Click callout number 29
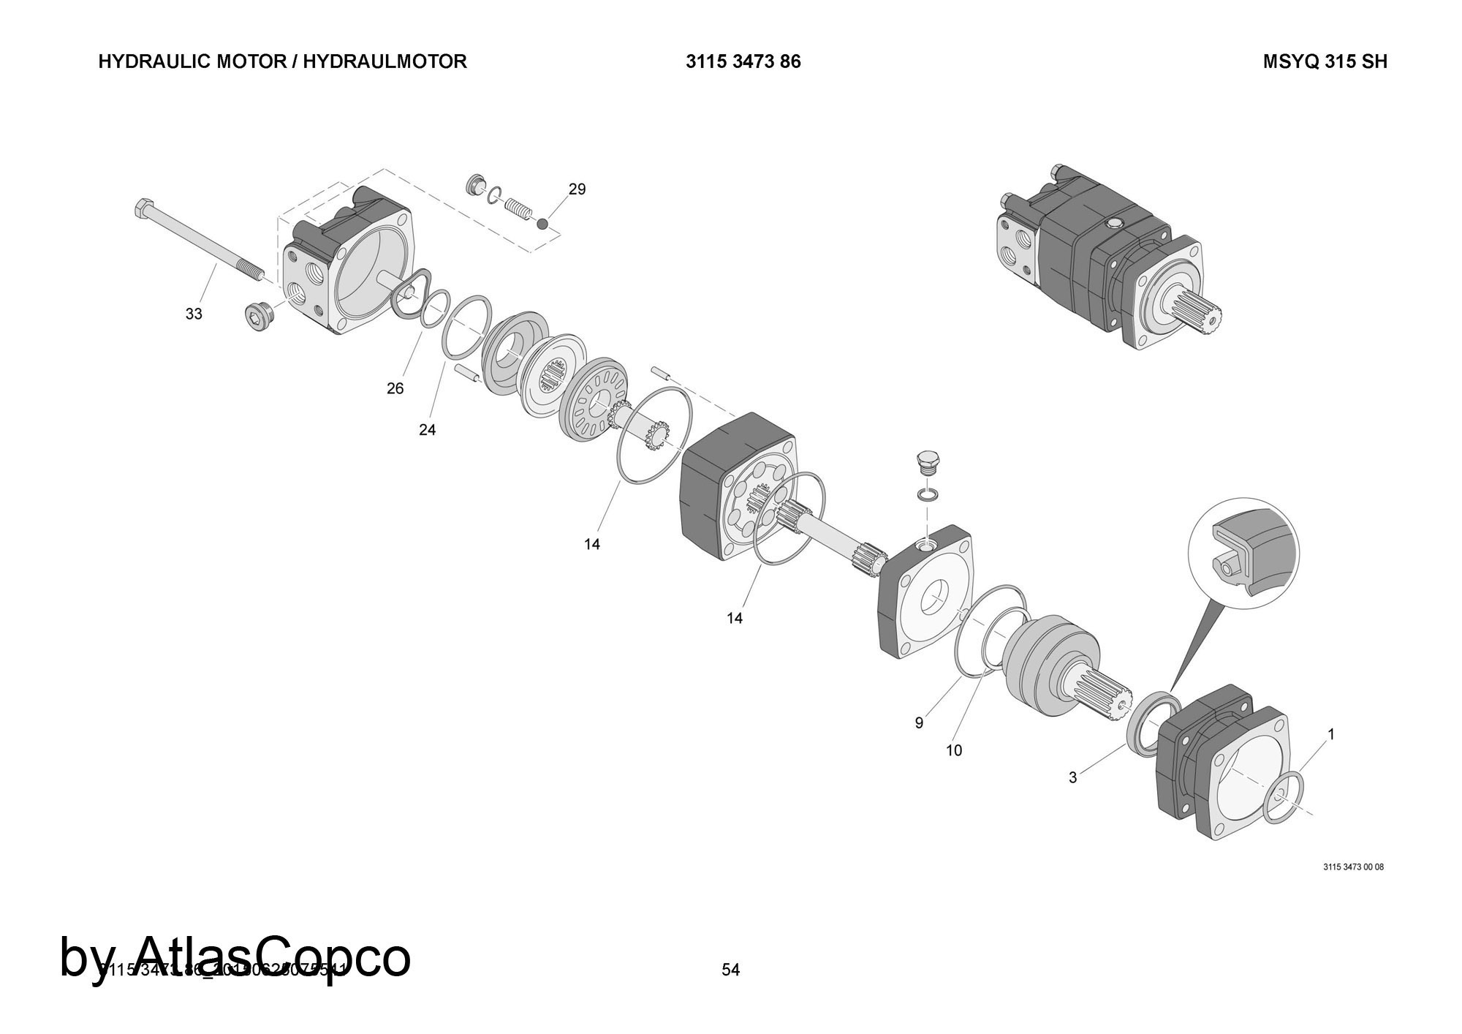(577, 189)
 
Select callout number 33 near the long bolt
(193, 314)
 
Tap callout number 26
(395, 388)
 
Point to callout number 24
(427, 430)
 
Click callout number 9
(919, 723)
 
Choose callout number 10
(954, 750)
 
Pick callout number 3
(1072, 778)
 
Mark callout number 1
(1331, 734)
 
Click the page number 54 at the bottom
(730, 970)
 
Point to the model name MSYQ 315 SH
(1325, 61)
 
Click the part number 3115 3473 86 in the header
(743, 61)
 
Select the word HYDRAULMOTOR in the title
(385, 61)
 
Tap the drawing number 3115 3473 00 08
(1353, 867)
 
